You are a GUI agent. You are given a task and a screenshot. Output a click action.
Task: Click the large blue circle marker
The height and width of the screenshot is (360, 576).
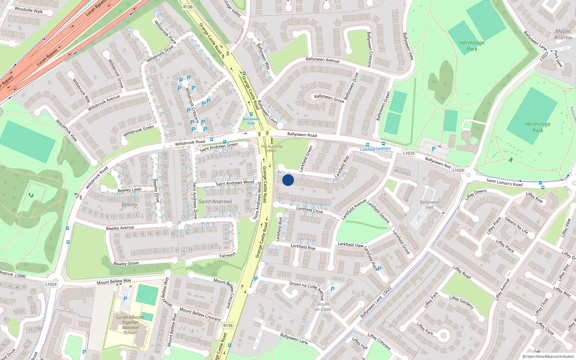pyautogui.click(x=288, y=180)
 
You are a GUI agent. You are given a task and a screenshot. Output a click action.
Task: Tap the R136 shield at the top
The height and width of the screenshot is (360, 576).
pyautogui.click(x=188, y=7)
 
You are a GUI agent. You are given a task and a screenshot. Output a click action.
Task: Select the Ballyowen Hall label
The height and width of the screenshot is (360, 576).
pyautogui.click(x=429, y=204)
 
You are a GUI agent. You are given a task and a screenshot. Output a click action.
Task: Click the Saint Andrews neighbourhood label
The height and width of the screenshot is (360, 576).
pyautogui.click(x=215, y=202)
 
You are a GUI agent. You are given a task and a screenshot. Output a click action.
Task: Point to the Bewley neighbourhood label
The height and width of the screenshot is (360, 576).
pyautogui.click(x=130, y=204)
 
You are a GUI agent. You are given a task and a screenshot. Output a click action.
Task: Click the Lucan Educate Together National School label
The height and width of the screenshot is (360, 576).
pyautogui.click(x=130, y=325)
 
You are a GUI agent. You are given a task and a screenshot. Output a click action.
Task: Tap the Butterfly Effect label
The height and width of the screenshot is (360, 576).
pyautogui.click(x=272, y=148)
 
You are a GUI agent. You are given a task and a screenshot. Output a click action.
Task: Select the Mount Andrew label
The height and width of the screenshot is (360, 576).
pyautogui.click(x=563, y=34)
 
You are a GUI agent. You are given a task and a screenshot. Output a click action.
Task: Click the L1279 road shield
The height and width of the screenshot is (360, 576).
pyautogui.click(x=458, y=170)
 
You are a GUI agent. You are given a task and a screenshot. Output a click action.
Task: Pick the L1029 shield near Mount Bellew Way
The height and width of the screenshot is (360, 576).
pyautogui.click(x=51, y=284)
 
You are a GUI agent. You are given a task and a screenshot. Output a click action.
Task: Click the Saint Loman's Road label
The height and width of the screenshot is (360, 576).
pyautogui.click(x=504, y=183)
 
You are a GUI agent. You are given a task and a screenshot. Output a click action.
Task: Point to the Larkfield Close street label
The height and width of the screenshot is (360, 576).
pyautogui.click(x=310, y=210)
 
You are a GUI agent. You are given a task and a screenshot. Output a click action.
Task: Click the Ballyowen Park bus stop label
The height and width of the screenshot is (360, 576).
pyautogui.click(x=251, y=121)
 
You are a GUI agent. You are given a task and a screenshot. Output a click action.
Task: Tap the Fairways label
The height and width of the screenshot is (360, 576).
pyautogui.click(x=228, y=255)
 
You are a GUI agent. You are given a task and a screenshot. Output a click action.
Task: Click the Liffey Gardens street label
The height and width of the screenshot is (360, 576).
pyautogui.click(x=461, y=302)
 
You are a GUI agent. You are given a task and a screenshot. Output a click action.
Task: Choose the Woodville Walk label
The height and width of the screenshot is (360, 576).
pyautogui.click(x=28, y=10)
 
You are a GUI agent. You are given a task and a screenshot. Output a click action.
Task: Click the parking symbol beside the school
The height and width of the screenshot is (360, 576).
pyautogui.click(x=125, y=299)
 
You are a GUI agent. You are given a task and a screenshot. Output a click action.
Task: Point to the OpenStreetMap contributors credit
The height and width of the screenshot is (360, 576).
pyautogui.click(x=548, y=356)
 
